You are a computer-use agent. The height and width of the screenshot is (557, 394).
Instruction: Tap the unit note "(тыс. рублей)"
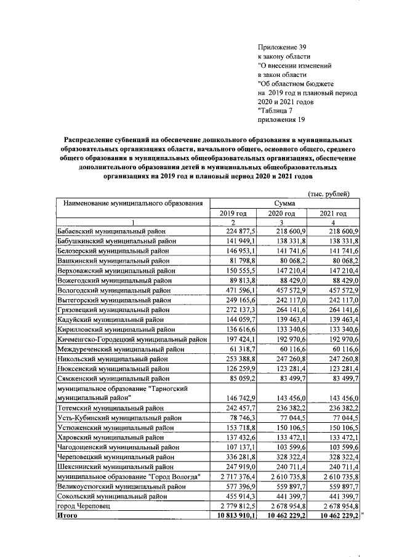330,194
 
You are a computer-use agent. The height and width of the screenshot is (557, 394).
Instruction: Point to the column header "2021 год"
333,213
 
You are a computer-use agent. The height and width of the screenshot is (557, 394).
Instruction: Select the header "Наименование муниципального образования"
130,203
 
